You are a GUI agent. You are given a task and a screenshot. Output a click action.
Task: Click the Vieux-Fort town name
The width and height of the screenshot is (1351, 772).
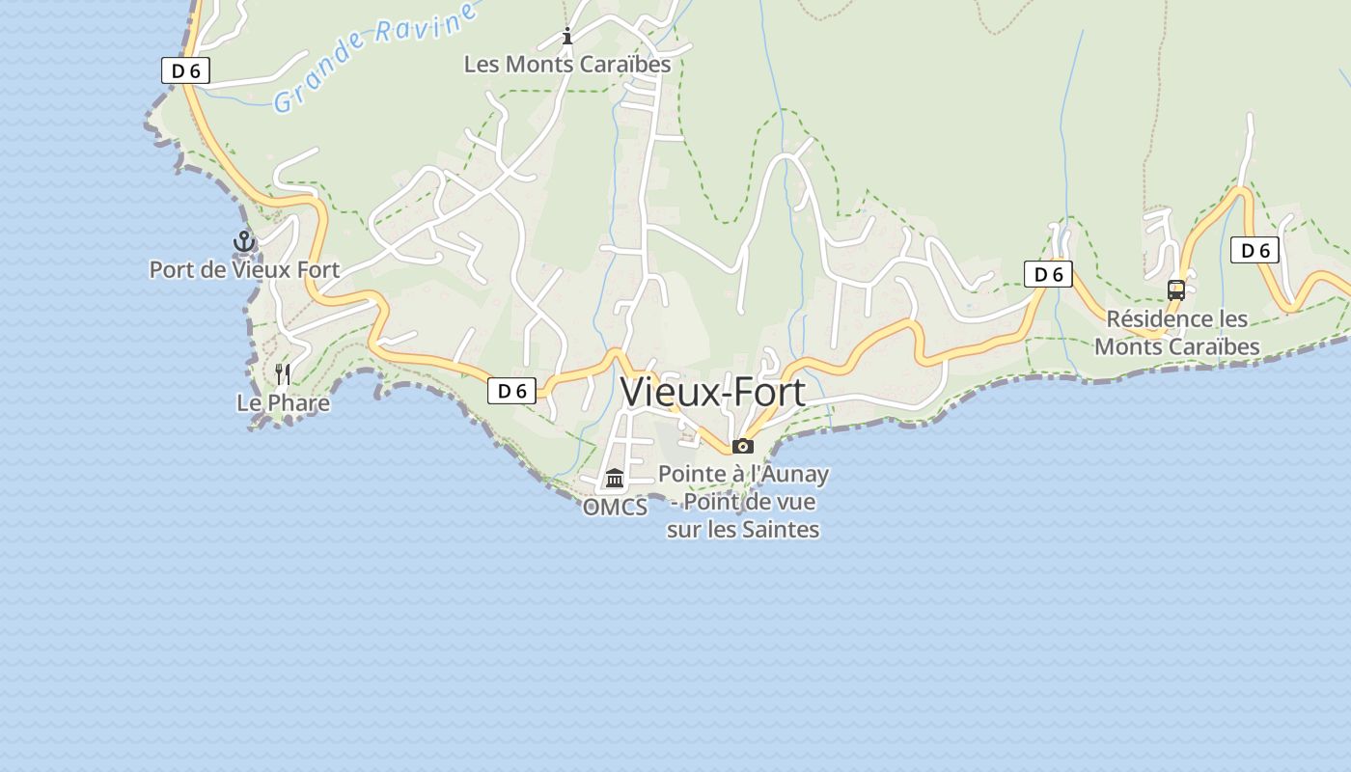712,393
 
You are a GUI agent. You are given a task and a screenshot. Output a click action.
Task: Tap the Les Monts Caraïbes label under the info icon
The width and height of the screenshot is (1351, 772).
567,65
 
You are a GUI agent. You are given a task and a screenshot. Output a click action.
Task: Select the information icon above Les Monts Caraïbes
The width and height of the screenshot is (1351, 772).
567,37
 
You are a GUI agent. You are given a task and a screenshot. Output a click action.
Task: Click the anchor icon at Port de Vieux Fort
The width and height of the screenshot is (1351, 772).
244,241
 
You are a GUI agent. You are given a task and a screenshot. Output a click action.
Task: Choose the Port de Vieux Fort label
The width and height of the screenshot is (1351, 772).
244,269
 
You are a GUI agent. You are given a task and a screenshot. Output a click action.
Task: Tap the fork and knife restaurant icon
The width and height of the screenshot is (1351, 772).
283,374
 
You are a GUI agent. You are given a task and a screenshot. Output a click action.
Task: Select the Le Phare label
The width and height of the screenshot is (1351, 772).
283,402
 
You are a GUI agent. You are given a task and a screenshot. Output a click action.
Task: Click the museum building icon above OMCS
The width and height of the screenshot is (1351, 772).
615,478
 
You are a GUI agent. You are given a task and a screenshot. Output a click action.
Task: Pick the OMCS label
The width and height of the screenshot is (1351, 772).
615,507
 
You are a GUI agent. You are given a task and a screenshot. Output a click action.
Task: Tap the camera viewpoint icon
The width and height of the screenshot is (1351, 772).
742,446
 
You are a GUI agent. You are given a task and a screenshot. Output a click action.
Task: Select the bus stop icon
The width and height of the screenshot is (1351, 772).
1175,289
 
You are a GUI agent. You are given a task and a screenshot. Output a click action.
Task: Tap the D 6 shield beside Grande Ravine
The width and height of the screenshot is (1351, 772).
185,70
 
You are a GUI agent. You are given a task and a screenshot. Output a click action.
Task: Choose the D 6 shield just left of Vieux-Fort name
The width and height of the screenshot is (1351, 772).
511,391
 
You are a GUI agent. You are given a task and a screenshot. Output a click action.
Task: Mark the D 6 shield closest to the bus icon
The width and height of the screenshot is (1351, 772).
1254,251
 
